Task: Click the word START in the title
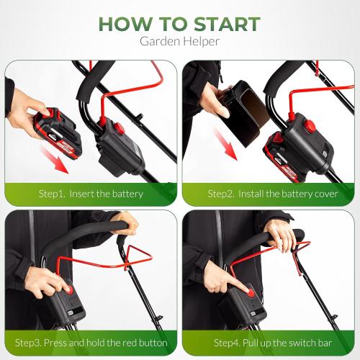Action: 227,24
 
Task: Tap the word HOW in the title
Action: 125,24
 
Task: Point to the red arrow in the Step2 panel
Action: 225,144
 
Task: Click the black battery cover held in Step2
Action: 246,113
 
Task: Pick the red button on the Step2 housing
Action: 310,126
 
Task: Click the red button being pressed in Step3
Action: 70,289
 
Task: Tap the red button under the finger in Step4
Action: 251,292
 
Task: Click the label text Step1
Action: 52,194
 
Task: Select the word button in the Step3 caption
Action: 153,343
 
